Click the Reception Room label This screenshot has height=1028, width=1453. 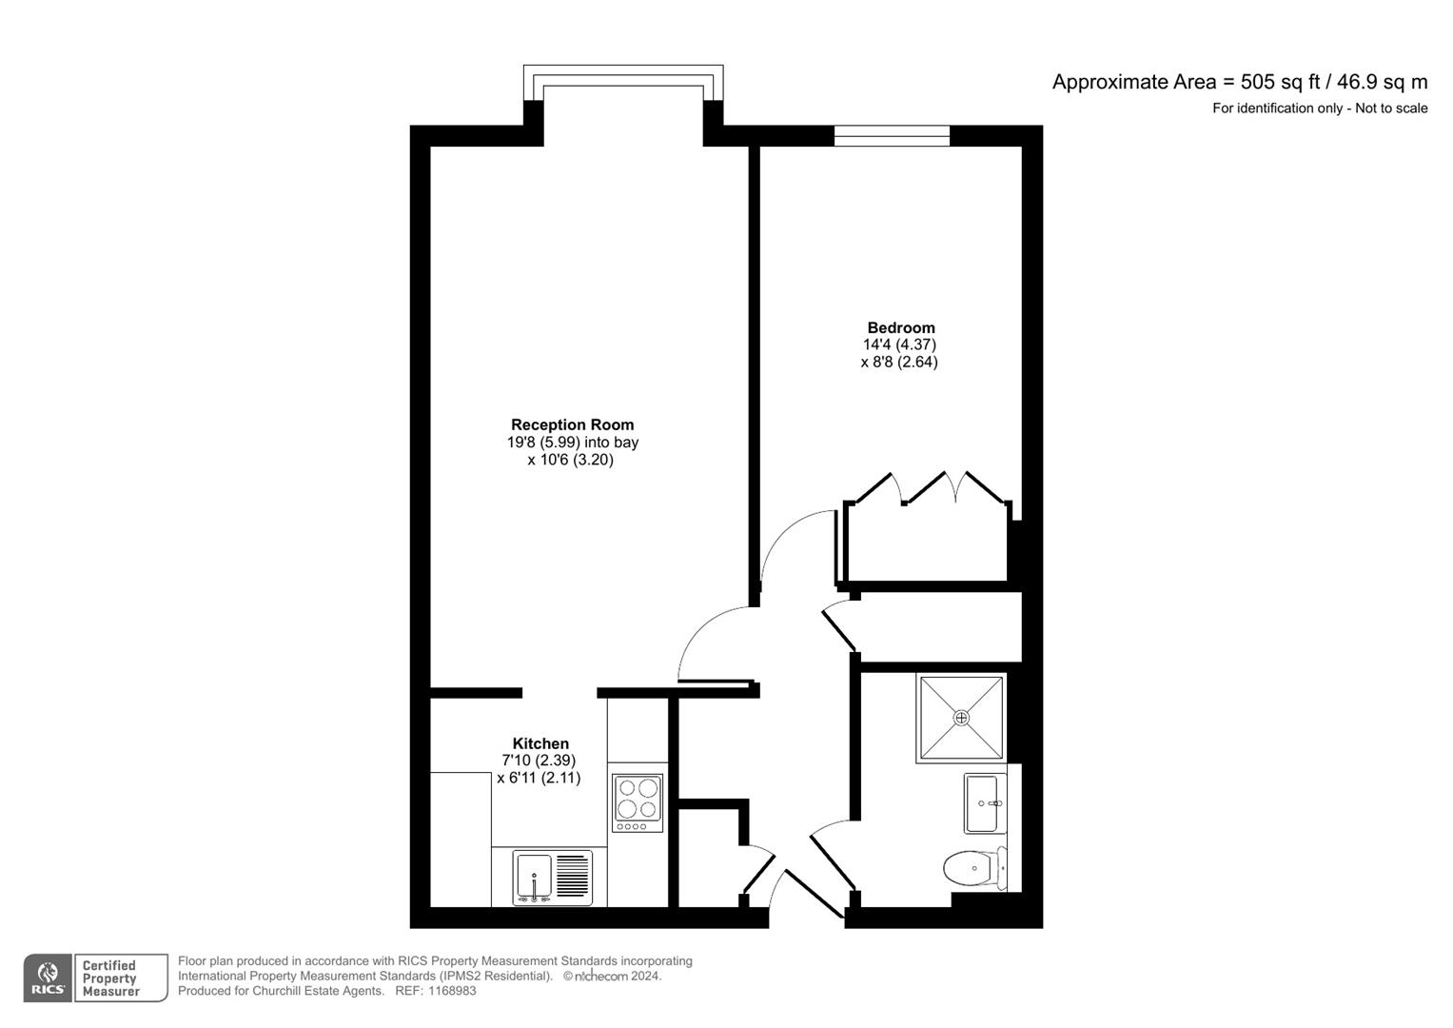pyautogui.click(x=572, y=425)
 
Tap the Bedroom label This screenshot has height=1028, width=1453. pyautogui.click(x=900, y=327)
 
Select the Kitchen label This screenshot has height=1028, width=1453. pyautogui.click(x=540, y=743)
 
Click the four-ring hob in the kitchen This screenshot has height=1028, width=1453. pyautogui.click(x=638, y=799)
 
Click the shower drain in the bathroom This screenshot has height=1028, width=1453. pyautogui.click(x=961, y=718)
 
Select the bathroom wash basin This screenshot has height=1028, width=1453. pyautogui.click(x=984, y=802)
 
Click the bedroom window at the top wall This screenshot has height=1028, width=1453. pyautogui.click(x=892, y=136)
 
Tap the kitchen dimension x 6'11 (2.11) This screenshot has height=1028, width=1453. pyautogui.click(x=539, y=778)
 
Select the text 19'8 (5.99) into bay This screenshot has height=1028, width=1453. pyautogui.click(x=572, y=443)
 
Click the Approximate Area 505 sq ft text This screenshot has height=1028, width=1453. pyautogui.click(x=1239, y=82)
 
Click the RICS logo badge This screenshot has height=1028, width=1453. pyautogui.click(x=47, y=979)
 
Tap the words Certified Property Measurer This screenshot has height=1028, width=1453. pyautogui.click(x=110, y=979)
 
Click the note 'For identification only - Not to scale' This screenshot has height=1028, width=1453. pyautogui.click(x=1319, y=109)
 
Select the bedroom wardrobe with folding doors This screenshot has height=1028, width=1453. pyautogui.click(x=928, y=538)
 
